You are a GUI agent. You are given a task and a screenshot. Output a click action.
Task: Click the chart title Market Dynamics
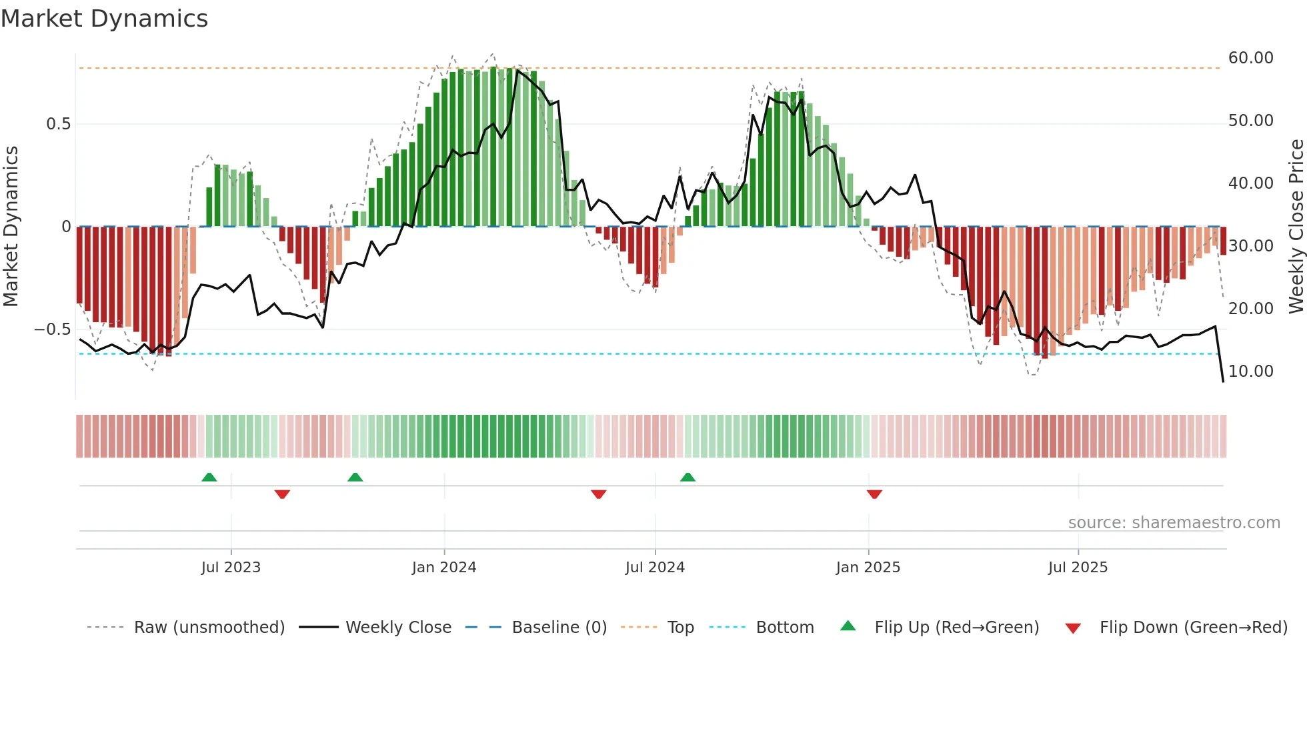point(104,19)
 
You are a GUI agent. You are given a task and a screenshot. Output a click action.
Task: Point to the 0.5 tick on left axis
point(58,124)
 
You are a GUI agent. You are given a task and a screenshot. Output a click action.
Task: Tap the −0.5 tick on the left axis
point(53,329)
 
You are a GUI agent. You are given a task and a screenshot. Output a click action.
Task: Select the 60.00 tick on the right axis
point(1250,58)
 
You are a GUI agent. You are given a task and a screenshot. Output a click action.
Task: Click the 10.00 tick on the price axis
point(1250,372)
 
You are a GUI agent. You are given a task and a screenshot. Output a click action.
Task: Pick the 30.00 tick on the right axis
point(1250,246)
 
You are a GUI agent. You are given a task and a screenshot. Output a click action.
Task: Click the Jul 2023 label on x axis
point(231,568)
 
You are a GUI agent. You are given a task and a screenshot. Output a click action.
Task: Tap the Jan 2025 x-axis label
point(868,568)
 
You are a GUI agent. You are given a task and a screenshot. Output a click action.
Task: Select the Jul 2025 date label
point(1078,568)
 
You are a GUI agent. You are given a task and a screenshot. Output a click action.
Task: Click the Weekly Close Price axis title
point(1296,227)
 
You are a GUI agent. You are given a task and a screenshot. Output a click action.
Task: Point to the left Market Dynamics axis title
point(11,227)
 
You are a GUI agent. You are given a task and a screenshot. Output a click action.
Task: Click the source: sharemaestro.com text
point(1174,523)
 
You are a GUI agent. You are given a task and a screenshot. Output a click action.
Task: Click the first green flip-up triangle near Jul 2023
point(209,477)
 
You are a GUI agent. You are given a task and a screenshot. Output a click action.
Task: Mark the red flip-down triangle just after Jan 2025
point(874,494)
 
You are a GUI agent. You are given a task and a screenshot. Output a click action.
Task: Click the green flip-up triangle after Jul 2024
point(688,477)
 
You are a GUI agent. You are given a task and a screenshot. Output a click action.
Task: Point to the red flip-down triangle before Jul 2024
point(598,494)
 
